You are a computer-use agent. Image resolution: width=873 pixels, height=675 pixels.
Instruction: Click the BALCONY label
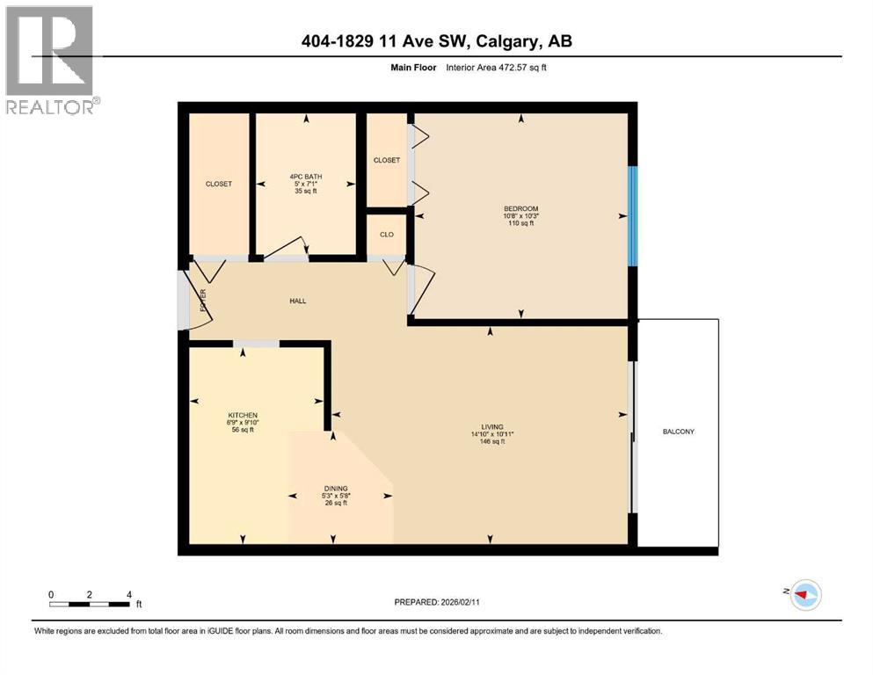pyautogui.click(x=679, y=432)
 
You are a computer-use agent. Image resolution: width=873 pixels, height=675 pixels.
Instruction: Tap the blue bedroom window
pyautogui.click(x=631, y=215)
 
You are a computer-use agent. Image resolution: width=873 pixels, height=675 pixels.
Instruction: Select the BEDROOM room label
pyautogui.click(x=520, y=208)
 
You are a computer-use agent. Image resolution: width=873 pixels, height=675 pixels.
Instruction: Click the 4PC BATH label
pyautogui.click(x=305, y=176)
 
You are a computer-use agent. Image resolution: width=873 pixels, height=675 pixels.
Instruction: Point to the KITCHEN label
pyautogui.click(x=243, y=415)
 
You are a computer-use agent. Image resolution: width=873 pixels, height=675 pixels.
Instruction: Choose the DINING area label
pyautogui.click(x=336, y=488)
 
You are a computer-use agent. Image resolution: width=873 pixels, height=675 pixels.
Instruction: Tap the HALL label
pyautogui.click(x=298, y=301)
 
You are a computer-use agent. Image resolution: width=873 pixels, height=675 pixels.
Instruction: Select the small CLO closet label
pyautogui.click(x=386, y=235)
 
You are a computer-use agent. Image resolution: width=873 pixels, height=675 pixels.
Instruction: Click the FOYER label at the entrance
pyautogui.click(x=202, y=301)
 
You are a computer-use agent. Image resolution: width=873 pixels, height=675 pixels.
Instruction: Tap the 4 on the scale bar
pyautogui.click(x=129, y=594)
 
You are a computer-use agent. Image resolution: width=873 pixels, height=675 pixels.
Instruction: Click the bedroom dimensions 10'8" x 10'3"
pyautogui.click(x=520, y=216)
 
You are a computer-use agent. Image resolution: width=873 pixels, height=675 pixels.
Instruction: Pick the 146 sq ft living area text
pyautogui.click(x=491, y=441)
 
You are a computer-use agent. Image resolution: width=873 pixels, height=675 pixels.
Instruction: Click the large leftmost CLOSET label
pyautogui.click(x=219, y=184)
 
